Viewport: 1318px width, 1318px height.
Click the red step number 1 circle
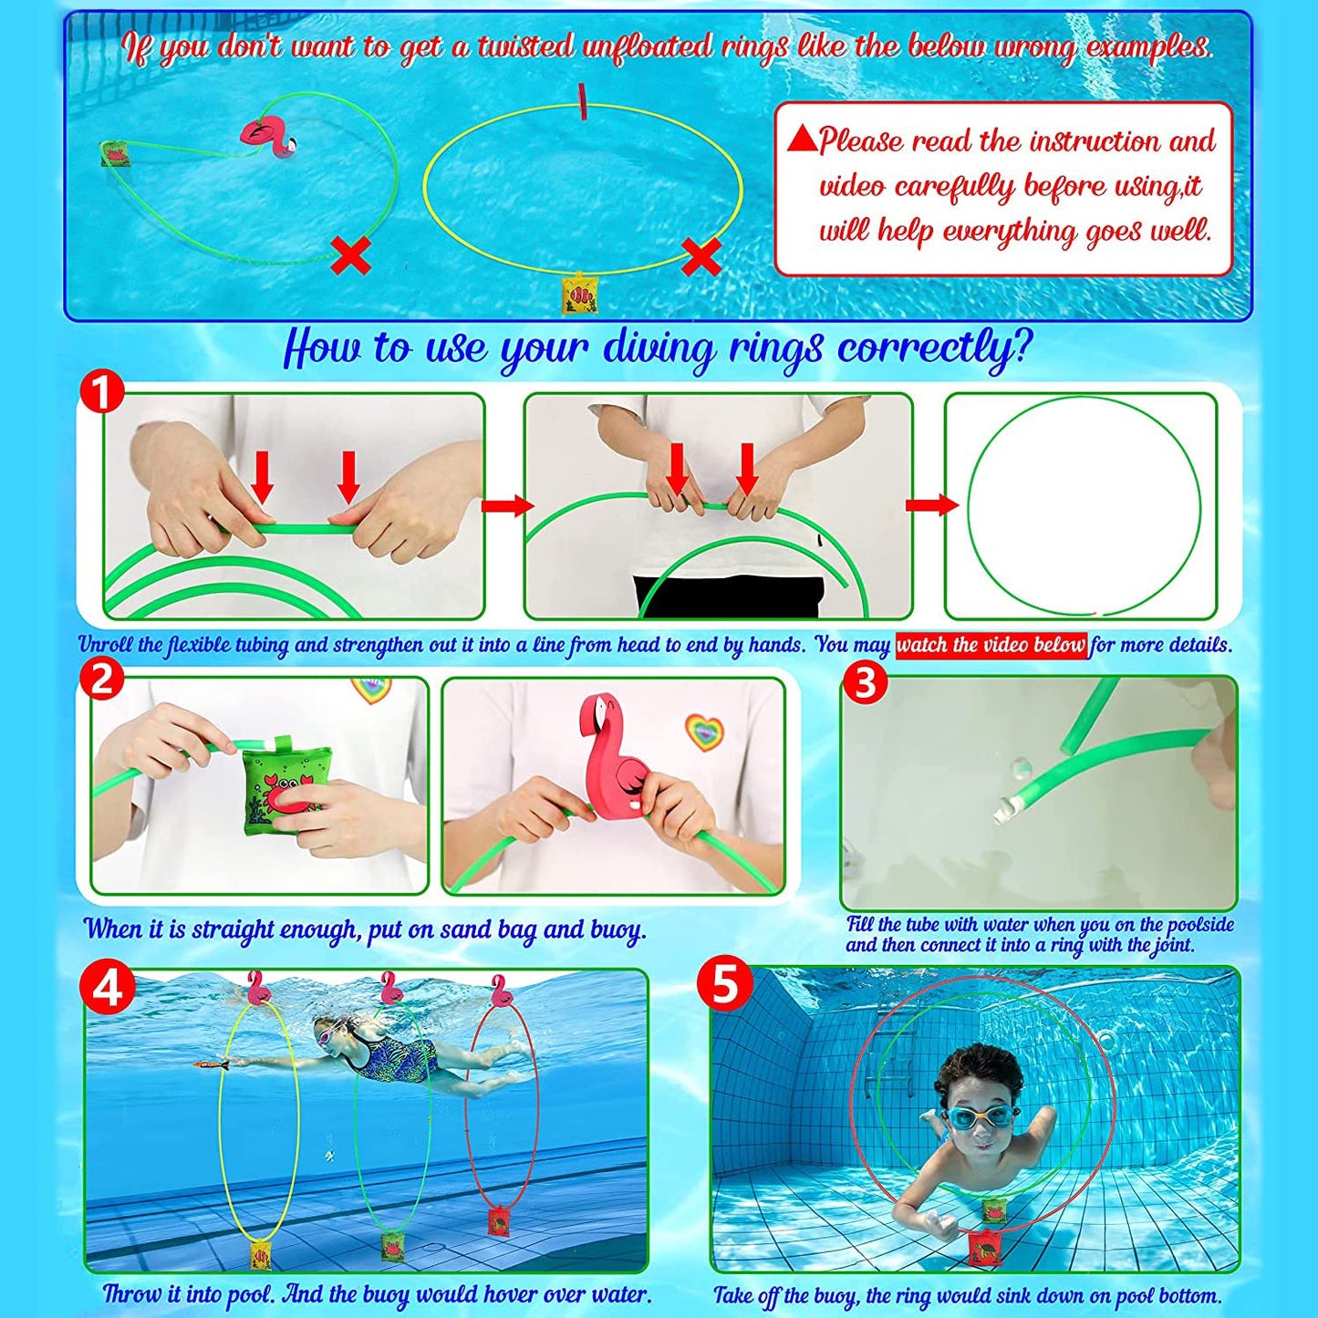click(102, 396)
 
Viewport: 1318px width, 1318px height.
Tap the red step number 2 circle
click(102, 681)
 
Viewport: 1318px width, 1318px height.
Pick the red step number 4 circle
click(108, 988)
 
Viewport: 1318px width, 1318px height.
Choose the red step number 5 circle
click(725, 988)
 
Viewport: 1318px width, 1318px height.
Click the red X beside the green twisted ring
click(351, 255)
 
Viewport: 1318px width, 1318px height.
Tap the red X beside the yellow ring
click(701, 256)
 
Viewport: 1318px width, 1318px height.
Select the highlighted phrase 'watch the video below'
click(991, 644)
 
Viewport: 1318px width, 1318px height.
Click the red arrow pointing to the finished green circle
click(929, 505)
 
